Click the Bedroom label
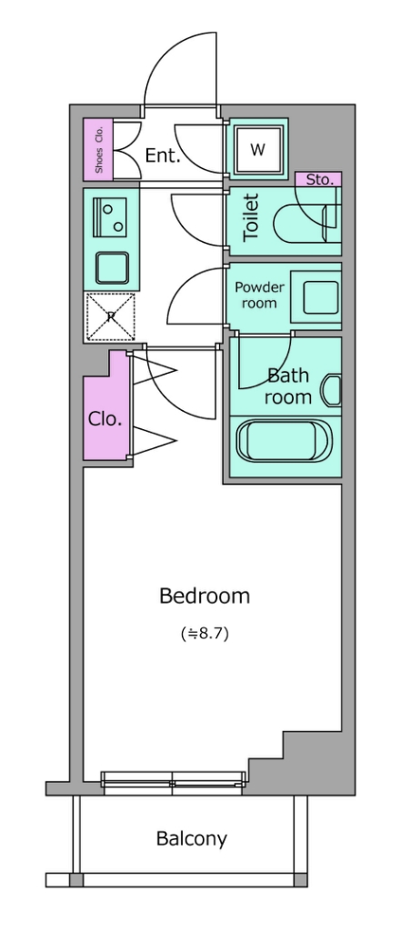click(205, 596)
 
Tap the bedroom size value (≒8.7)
click(205, 634)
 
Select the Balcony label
click(191, 839)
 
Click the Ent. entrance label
click(163, 155)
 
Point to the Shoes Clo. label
click(98, 150)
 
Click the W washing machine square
click(257, 150)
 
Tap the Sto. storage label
click(319, 179)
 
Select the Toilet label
click(251, 217)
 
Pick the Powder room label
click(260, 295)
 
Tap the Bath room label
click(288, 385)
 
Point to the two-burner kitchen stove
click(111, 217)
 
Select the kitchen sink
click(112, 268)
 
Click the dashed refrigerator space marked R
click(111, 317)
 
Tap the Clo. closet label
click(105, 419)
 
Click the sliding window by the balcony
click(173, 783)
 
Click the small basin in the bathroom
click(332, 391)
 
